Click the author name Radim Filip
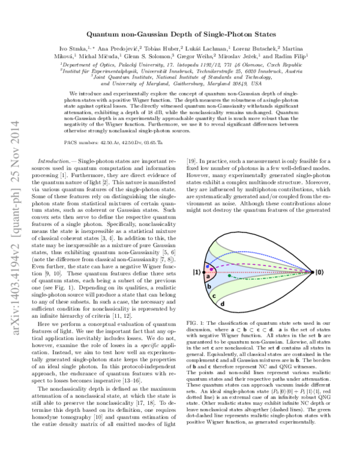291,56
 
